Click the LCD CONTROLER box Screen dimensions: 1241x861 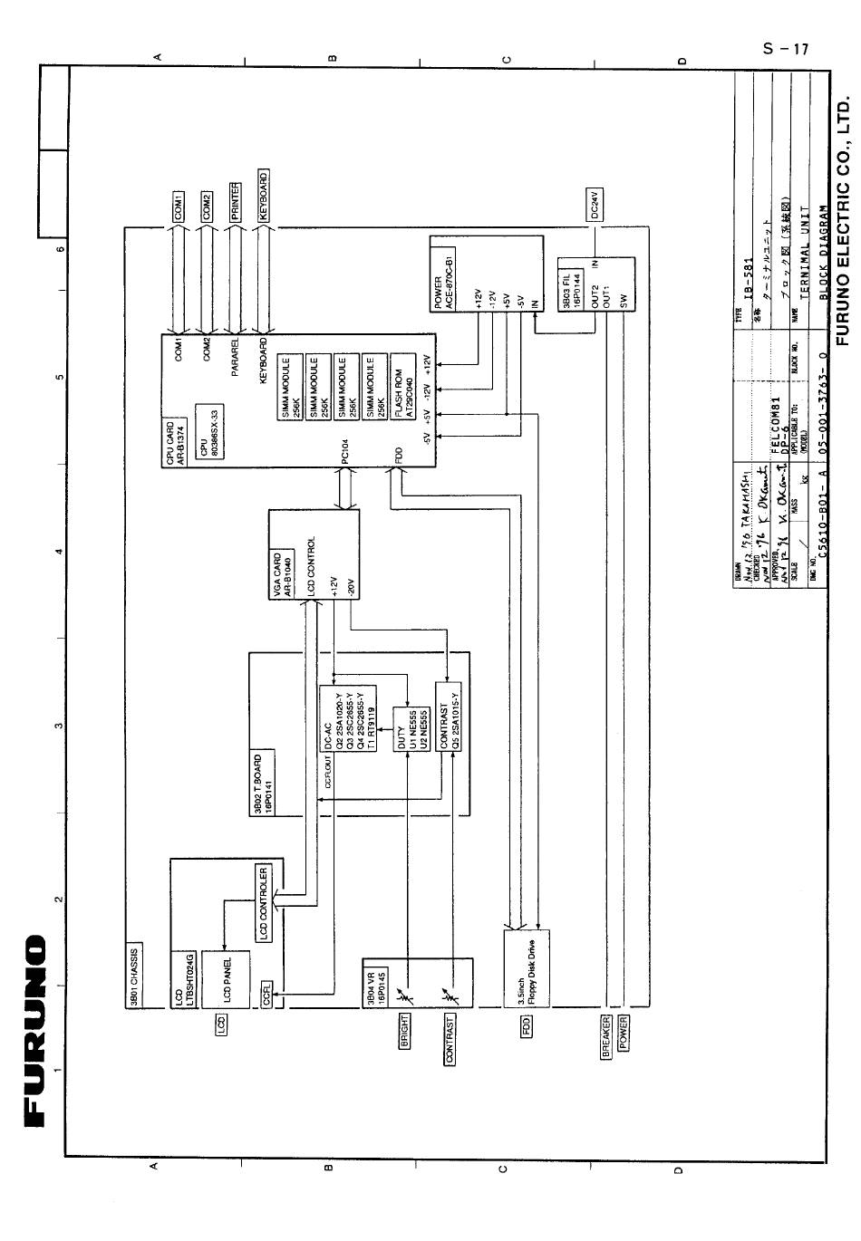pyautogui.click(x=264, y=904)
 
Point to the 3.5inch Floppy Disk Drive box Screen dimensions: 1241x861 pyautogui.click(x=515, y=981)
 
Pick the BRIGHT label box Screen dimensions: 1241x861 pyautogui.click(x=404, y=1031)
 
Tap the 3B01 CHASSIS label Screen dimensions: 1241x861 pyautogui.click(x=134, y=977)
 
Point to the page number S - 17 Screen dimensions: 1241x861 pyautogui.click(x=785, y=49)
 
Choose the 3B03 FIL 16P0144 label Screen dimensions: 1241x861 pyautogui.click(x=570, y=284)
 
